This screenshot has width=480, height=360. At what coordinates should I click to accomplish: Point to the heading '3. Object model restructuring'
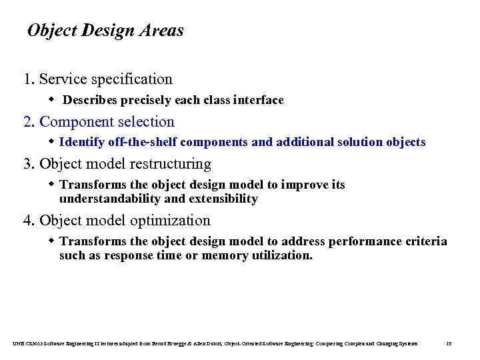click(117, 164)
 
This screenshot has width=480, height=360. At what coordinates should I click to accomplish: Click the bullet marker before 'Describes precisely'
click(53, 100)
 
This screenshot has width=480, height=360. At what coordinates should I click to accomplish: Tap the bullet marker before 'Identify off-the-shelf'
click(53, 142)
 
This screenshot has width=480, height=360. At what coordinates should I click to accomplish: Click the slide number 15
click(448, 343)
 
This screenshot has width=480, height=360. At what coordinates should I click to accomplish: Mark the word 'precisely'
click(146, 101)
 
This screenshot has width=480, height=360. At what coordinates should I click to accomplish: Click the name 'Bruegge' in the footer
click(178, 343)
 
